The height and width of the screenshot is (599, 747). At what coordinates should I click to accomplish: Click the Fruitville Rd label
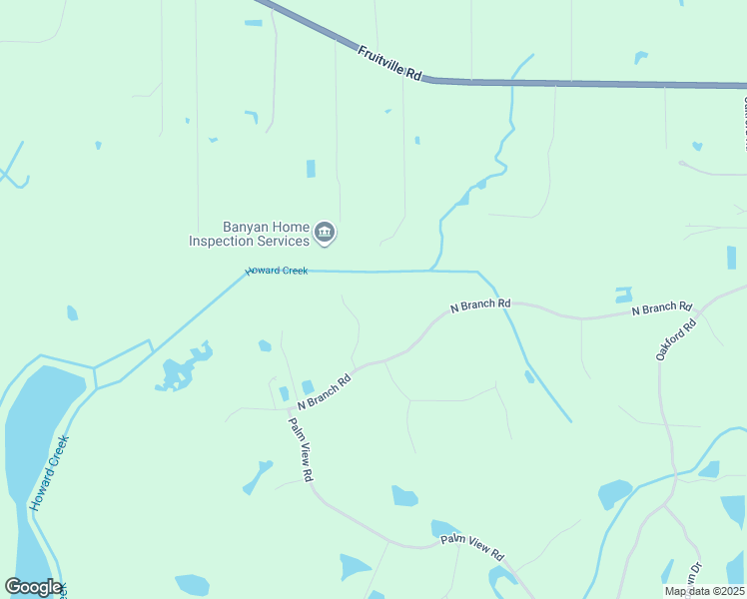(x=390, y=62)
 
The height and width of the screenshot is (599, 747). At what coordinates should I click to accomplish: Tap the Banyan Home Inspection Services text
(x=250, y=234)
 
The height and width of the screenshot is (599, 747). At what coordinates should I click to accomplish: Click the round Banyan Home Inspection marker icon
(x=325, y=234)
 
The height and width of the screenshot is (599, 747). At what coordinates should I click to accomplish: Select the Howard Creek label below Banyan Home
(x=277, y=271)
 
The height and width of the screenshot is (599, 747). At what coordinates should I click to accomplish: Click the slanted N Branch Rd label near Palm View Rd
(x=325, y=391)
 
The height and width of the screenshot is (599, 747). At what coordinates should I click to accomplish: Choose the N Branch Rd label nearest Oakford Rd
(x=661, y=309)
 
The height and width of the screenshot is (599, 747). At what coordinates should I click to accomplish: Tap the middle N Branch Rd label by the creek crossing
(x=480, y=304)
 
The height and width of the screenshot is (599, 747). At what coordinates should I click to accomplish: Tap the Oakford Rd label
(x=675, y=339)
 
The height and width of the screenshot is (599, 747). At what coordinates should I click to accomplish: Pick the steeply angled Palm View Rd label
(x=302, y=449)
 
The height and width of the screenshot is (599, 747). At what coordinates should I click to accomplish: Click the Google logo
(x=33, y=587)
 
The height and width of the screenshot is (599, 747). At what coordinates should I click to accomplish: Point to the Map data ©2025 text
(x=705, y=591)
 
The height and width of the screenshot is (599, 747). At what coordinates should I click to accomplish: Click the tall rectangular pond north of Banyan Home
(x=311, y=169)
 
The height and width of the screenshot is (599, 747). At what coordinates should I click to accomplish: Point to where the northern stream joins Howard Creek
(x=431, y=270)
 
